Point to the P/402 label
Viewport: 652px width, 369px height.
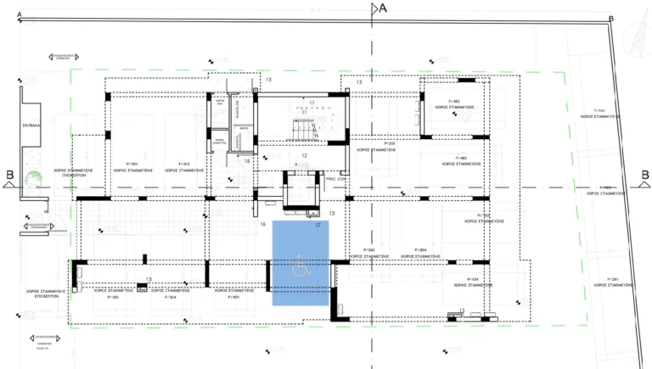point(461,159)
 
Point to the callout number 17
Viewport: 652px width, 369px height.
point(318,226)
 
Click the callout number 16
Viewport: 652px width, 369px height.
point(263,224)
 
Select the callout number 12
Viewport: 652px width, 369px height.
point(304,156)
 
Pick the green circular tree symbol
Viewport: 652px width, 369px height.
point(33,181)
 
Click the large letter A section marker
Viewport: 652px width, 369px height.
point(382,8)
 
